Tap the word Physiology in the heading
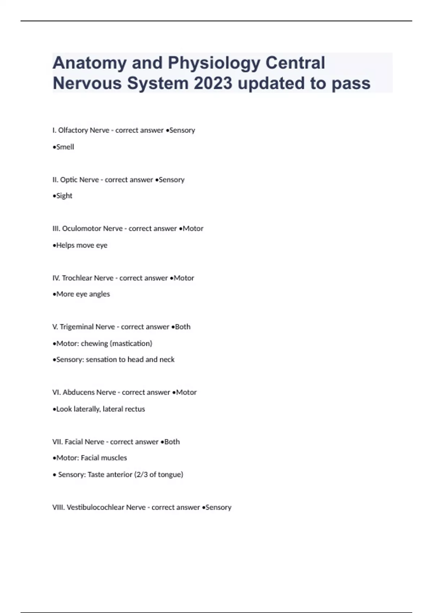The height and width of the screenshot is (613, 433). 214,63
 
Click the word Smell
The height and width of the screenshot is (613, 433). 65,147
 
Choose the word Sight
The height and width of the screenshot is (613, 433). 64,196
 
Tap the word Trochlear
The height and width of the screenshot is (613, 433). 76,278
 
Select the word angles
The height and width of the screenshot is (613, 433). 100,294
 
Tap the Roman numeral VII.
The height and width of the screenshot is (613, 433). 57,442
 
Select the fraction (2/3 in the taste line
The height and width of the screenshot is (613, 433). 141,475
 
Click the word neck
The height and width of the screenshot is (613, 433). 167,360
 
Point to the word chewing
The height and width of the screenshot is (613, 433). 94,344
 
